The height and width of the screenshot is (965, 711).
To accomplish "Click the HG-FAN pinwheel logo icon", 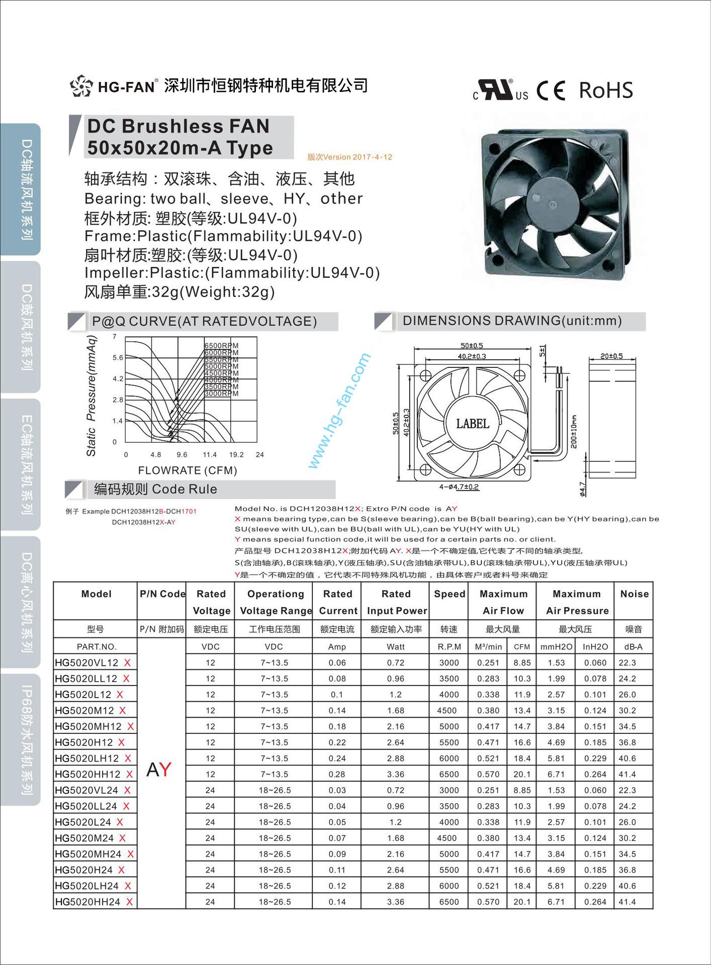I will pos(81,86).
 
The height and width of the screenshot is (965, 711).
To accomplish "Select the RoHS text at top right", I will pos(606,90).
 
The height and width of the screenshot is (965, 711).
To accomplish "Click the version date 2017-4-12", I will pos(372,157).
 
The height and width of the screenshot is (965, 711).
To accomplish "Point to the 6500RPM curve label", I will pos(221,346).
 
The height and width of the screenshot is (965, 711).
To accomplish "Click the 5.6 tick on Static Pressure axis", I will pos(118,358).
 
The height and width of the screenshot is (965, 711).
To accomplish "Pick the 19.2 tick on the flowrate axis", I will pos(236,455).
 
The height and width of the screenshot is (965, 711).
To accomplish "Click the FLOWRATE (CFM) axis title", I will pos(188,470).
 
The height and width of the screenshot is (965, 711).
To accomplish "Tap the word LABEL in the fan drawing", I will pos(473,424).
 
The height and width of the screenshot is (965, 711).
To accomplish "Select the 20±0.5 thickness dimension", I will pos(611,356).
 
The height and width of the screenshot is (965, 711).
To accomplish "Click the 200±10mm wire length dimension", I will pos(574,431).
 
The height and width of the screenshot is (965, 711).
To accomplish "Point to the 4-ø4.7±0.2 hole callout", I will pos(459,487).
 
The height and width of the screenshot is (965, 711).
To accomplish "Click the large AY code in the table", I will pos(159,769).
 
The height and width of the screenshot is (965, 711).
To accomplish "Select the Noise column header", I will pos(634,594).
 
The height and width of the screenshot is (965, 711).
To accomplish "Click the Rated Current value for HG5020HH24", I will pos(337,902).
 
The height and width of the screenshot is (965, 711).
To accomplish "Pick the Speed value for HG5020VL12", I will pos(449,662).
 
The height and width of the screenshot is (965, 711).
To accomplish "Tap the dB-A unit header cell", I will pos(633,647).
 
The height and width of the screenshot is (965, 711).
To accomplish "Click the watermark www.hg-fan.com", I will pos(339,411).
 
